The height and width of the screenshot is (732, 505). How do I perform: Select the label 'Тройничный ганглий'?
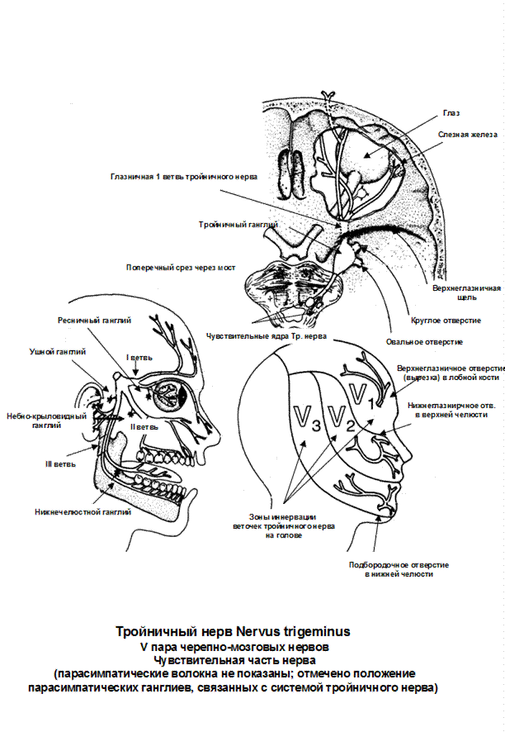pyautogui.click(x=238, y=224)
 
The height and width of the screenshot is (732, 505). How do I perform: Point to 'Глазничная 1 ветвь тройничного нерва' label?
pyautogui.click(x=184, y=177)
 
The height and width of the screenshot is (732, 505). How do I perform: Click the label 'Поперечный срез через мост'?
pyautogui.click(x=181, y=268)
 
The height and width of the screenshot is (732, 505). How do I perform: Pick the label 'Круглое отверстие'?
pyautogui.click(x=446, y=320)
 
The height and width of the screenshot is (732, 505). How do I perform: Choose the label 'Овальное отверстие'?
pyautogui.click(x=424, y=341)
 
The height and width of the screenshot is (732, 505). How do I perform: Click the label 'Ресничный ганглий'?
pyautogui.click(x=95, y=319)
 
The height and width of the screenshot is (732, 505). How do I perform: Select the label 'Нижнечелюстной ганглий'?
pyautogui.click(x=83, y=512)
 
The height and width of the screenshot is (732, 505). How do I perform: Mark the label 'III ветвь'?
pyautogui.click(x=60, y=463)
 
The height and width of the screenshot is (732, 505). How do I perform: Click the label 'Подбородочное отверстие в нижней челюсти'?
pyautogui.click(x=399, y=569)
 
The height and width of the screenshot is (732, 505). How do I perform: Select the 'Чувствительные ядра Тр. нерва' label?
pyautogui.click(x=266, y=336)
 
